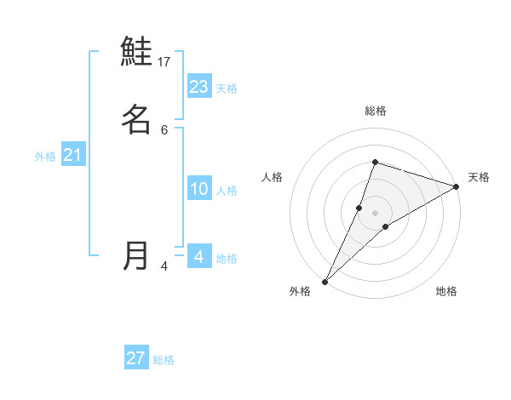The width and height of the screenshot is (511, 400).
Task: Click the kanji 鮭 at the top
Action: point(136,52)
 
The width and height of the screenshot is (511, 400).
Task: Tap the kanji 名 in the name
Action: point(136,119)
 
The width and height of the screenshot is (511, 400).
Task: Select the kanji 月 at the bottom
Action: point(136,255)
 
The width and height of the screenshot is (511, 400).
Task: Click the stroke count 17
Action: point(165,62)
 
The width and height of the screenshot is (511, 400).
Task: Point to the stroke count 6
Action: point(164,130)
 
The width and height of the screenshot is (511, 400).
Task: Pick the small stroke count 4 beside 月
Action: point(164,266)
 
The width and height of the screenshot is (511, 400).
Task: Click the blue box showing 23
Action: point(199,87)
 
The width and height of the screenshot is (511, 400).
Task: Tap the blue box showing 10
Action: point(199,189)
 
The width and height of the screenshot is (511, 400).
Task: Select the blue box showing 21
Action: point(73,155)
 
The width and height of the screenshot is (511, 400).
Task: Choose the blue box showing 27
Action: point(136,358)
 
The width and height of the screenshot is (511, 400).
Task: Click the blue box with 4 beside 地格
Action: point(199,256)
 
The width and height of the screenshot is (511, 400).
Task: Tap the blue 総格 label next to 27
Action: point(164,360)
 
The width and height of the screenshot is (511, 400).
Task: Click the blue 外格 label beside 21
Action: point(45,157)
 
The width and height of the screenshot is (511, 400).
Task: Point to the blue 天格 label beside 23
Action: point(227,89)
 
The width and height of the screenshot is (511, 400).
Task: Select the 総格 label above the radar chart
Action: point(376,111)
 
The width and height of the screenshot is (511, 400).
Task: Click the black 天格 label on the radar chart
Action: point(479,177)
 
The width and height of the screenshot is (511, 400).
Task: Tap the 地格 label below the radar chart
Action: point(446,292)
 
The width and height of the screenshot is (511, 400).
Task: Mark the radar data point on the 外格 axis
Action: point(324,282)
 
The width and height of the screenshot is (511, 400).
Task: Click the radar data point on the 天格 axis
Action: point(456,186)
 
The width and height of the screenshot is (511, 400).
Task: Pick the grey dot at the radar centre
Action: point(375,212)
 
